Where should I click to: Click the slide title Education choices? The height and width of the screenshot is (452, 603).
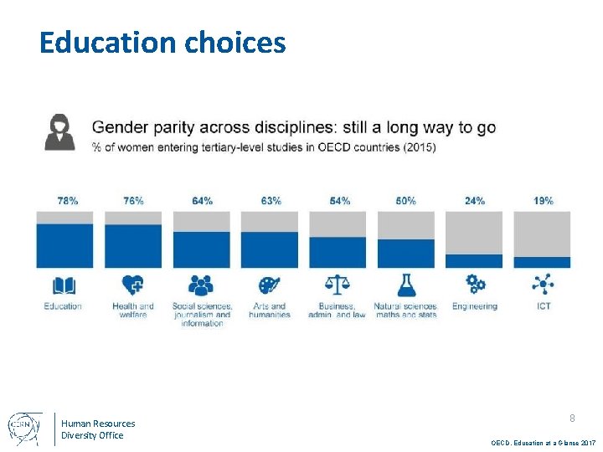click(x=162, y=42)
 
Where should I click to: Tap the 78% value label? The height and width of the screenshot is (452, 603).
click(x=68, y=201)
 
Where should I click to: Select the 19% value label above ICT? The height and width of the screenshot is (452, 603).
click(x=543, y=201)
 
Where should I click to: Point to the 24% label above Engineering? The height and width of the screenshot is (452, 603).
click(x=475, y=201)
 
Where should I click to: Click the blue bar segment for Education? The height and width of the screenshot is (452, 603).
click(x=64, y=245)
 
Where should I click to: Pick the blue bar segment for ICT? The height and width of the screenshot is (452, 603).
click(x=542, y=262)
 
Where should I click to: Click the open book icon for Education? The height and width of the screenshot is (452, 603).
click(x=64, y=285)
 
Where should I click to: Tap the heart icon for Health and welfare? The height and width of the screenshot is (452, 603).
click(x=132, y=285)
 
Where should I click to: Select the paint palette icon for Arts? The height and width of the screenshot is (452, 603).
click(x=269, y=285)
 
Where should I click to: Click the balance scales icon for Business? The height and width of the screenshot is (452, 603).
click(x=338, y=285)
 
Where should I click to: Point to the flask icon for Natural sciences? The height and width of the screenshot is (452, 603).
click(x=406, y=285)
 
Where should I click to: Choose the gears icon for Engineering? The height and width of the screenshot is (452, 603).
click(x=475, y=283)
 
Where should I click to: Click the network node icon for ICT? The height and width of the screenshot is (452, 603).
click(x=543, y=285)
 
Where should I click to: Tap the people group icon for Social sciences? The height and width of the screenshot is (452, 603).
click(x=201, y=285)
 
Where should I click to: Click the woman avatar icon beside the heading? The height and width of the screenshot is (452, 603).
click(x=59, y=132)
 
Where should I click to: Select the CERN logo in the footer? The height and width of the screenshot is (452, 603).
click(x=23, y=428)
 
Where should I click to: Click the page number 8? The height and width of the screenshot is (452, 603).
click(x=572, y=418)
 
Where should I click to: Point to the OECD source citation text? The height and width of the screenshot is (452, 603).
click(x=543, y=441)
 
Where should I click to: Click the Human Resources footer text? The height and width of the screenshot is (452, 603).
click(x=97, y=424)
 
